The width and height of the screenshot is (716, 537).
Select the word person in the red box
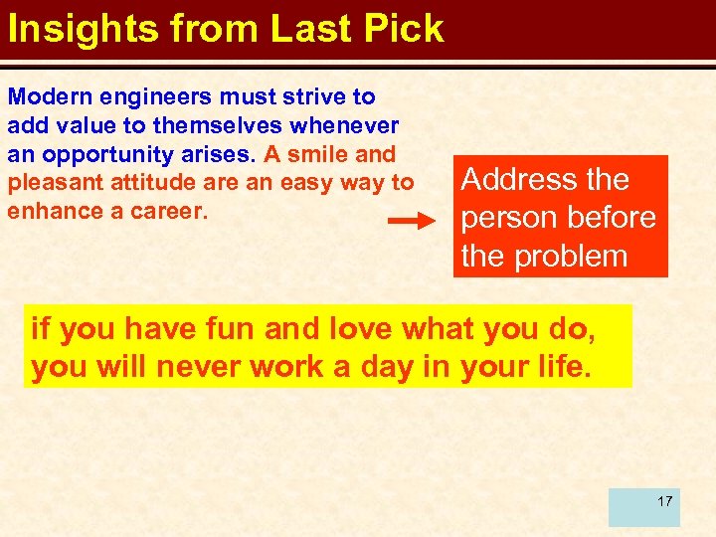point(510,218)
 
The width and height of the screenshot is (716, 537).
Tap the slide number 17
point(664,500)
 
